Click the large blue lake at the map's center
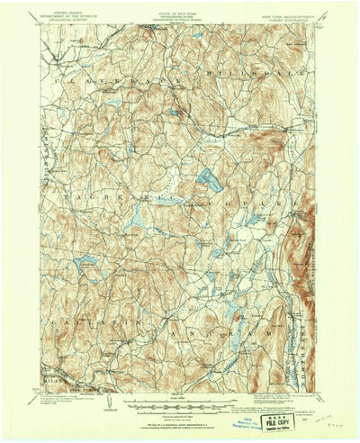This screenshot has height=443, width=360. click(x=210, y=179)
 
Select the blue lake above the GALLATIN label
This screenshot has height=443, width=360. click(x=88, y=262)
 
